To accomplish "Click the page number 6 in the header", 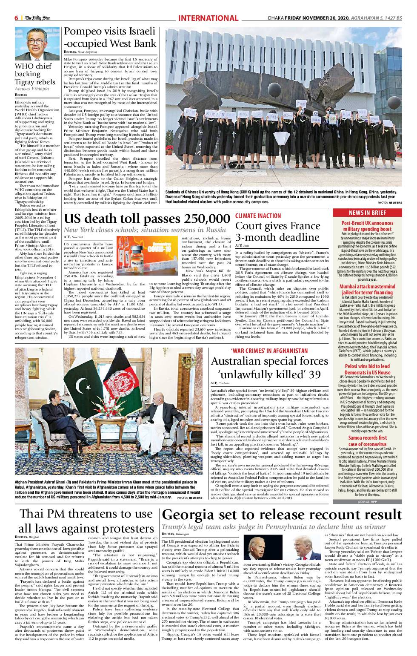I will click(16, 18).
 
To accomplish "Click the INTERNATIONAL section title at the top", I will click(208, 18).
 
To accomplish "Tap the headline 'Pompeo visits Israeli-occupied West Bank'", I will click(110, 37).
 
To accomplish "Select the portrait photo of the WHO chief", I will click(37, 43).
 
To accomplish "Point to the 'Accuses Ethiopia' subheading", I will click(31, 89).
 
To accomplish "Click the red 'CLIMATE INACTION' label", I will click(258, 216).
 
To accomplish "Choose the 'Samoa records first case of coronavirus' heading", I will click(367, 440).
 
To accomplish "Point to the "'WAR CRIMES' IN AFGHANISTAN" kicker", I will click(269, 351).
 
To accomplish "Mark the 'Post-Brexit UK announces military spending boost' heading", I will click(367, 226).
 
